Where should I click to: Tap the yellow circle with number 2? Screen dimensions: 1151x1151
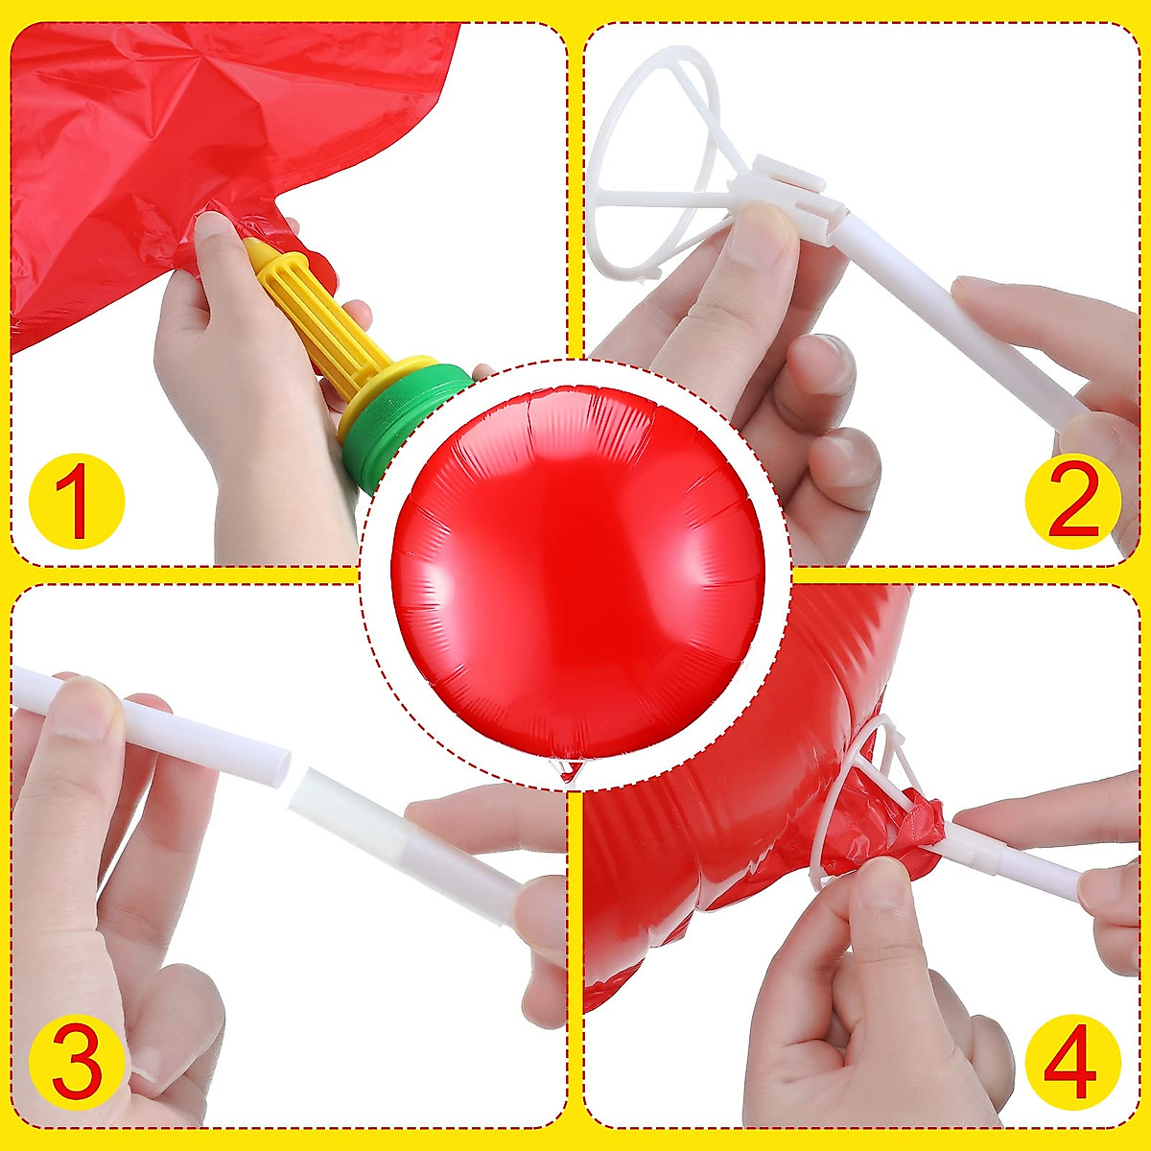click(x=1072, y=502)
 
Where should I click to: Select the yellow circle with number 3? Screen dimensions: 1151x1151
click(x=77, y=1063)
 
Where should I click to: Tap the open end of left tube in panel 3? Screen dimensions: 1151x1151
click(x=278, y=767)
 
